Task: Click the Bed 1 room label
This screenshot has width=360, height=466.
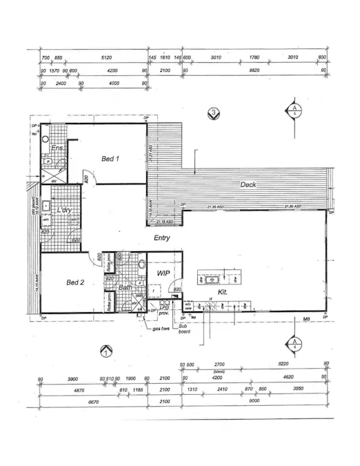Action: click(111, 159)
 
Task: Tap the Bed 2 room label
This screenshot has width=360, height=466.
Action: click(75, 282)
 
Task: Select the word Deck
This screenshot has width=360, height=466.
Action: click(249, 185)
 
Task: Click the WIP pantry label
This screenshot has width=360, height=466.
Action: click(163, 273)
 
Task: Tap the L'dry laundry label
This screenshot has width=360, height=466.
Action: click(66, 210)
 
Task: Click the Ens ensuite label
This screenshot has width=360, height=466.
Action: click(58, 148)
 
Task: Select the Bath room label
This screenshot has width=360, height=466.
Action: click(126, 287)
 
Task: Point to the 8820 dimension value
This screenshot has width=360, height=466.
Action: click(254, 70)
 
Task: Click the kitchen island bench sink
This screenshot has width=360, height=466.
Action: click(209, 280)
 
